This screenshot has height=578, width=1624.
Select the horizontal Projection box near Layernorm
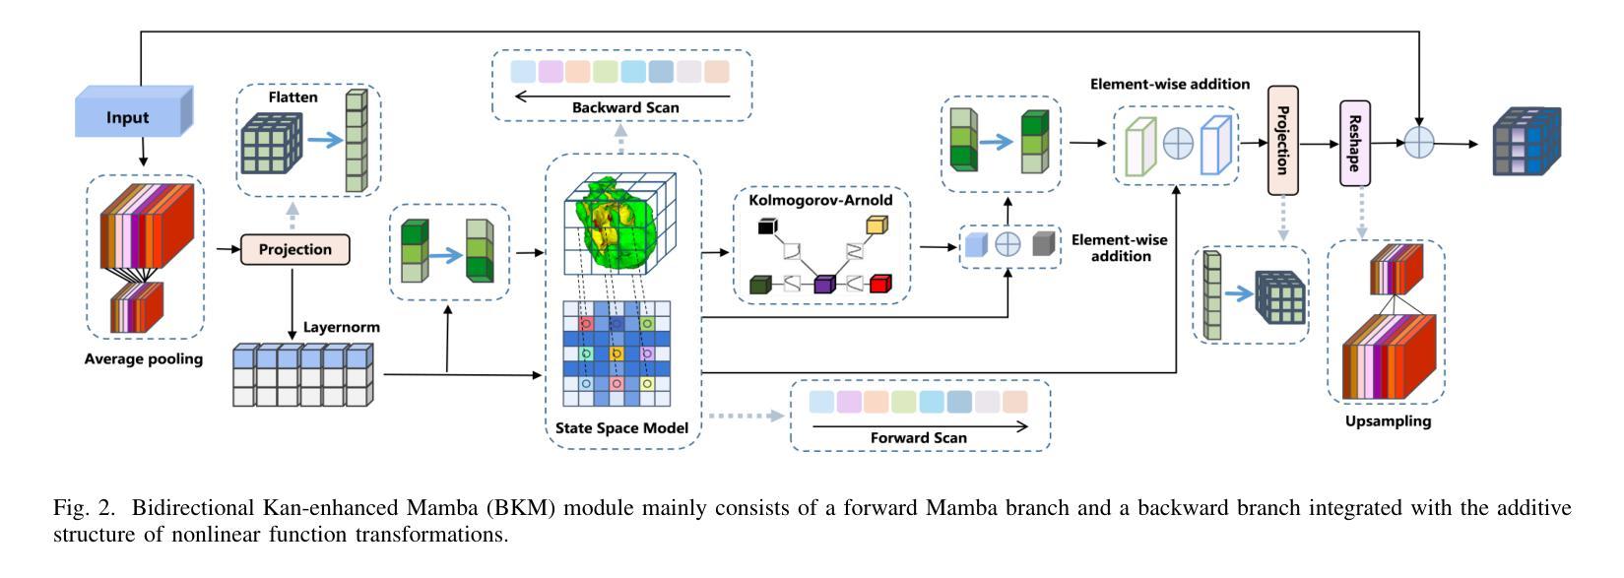point(294,249)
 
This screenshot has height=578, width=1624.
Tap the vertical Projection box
point(1282,139)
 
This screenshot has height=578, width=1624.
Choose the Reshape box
point(1354,143)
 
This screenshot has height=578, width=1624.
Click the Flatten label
point(292,97)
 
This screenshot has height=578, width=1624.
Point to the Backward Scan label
point(625,107)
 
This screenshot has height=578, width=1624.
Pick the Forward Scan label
point(918,437)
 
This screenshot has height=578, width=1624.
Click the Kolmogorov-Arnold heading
point(820,200)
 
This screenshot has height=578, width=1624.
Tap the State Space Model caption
point(621,427)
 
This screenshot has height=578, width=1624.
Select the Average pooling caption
point(144,359)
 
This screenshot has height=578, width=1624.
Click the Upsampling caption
point(1388,421)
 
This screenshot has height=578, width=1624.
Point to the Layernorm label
point(341,326)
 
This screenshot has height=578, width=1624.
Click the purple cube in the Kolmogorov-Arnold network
point(824,285)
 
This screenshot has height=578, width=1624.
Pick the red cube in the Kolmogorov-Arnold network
point(879,284)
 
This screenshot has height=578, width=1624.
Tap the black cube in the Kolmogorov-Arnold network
point(768,226)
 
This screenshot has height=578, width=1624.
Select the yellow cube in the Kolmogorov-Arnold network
point(876,225)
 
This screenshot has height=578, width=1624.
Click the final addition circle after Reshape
point(1418,143)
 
